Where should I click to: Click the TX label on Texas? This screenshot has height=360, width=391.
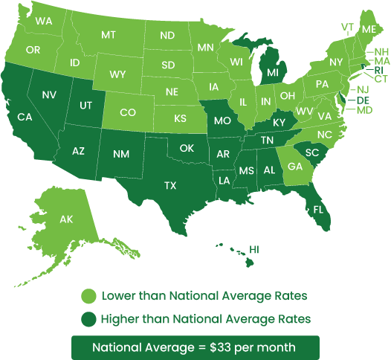coord(170,185)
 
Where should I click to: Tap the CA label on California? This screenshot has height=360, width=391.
coord(25,117)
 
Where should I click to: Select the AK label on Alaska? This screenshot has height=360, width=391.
coord(66,219)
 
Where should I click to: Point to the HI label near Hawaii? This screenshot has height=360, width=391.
coord(254,248)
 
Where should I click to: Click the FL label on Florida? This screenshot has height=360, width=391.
coord(318,209)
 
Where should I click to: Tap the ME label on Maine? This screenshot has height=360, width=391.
coord(369,28)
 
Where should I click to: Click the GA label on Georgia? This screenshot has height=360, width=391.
coord(295,167)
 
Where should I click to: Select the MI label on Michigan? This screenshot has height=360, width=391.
coord(273,72)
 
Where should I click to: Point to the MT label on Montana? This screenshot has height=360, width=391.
coord(109,35)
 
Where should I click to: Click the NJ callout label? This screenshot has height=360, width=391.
coord(363,89)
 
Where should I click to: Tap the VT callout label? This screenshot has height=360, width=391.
coord(347,27)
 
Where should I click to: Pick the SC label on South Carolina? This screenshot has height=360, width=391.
coord(312,152)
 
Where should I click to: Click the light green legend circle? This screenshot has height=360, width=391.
coord(90,296)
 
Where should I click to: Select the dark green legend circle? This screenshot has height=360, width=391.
coord(90,319)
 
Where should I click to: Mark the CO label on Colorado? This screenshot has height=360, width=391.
coord(128,112)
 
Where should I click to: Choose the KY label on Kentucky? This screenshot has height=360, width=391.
coord(279,122)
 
